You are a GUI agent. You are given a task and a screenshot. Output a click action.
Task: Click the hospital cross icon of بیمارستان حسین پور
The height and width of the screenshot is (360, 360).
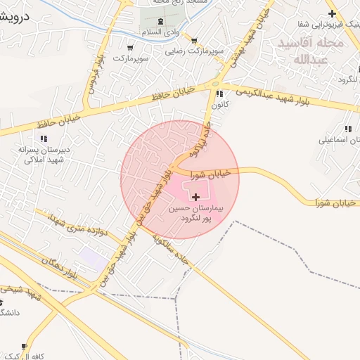(x=195, y=190)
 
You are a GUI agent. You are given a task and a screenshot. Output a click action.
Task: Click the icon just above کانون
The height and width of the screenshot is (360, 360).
(x=220, y=93)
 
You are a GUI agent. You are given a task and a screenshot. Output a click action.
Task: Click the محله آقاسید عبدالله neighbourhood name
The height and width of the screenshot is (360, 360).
(x=310, y=51)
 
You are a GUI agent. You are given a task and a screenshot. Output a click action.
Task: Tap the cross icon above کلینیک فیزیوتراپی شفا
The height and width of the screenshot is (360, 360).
(x=331, y=13)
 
